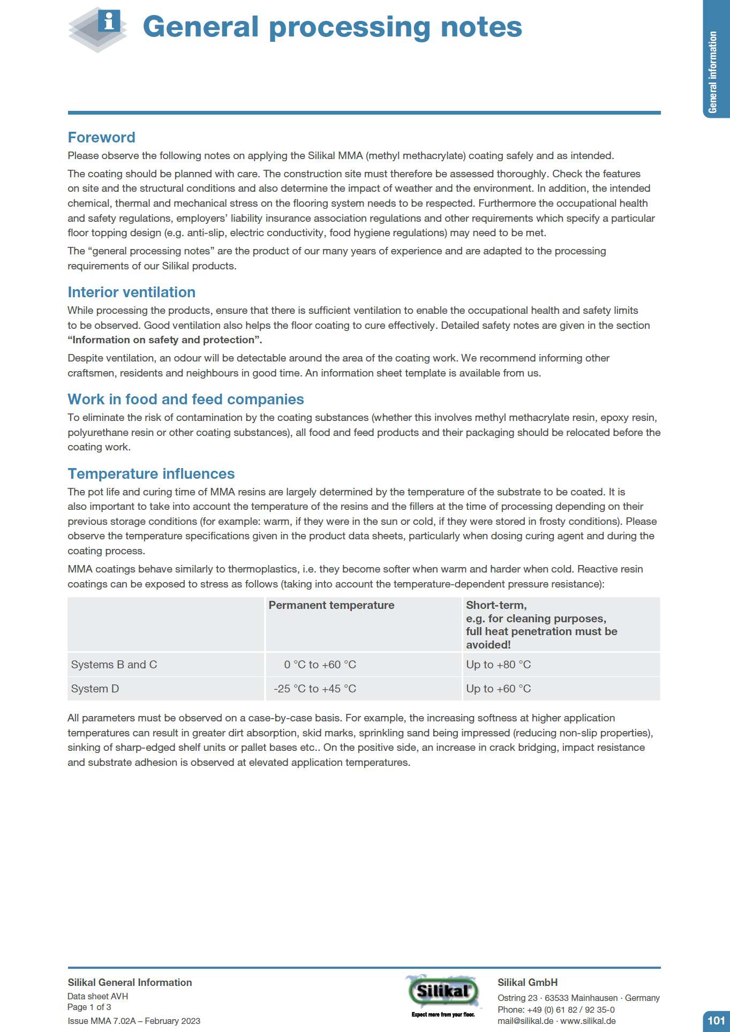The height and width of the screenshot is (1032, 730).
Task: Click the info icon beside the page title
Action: [109, 22]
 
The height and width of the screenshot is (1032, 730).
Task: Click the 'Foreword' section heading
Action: [101, 138]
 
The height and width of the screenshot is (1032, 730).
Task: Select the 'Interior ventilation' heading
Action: [131, 292]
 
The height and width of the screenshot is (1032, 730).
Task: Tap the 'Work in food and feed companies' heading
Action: [185, 400]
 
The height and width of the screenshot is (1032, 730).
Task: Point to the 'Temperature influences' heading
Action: [151, 474]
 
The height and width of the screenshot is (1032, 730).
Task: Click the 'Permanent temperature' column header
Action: [331, 605]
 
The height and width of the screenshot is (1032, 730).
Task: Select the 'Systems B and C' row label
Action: [114, 665]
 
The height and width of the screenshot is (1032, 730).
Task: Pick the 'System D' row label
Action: [95, 689]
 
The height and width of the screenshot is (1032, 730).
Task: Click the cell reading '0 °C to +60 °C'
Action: [320, 665]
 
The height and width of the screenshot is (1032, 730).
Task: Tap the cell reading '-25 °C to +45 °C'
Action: [315, 689]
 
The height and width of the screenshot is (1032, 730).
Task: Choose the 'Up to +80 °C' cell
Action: [498, 665]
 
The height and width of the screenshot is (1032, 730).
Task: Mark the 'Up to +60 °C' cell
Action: [498, 689]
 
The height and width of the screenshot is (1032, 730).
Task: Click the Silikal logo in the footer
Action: [443, 991]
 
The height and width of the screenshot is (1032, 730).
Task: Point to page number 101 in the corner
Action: [716, 1021]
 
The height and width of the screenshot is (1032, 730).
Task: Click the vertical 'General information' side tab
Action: [713, 72]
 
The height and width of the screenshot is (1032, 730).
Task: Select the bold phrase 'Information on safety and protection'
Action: [164, 340]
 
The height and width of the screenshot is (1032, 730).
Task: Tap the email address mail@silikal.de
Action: [525, 1021]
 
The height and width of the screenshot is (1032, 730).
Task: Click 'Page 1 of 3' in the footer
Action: [89, 1007]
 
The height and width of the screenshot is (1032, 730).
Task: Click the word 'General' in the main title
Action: [201, 27]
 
